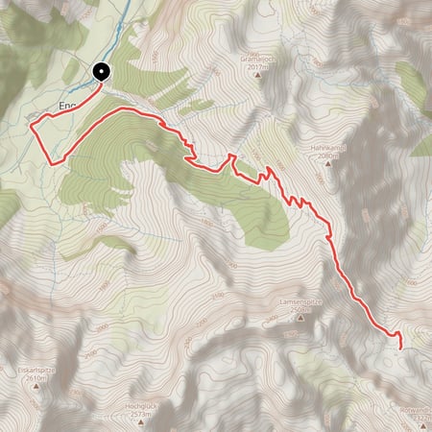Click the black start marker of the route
101,71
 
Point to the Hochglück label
141,407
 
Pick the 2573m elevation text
141,415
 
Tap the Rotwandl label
415,409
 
